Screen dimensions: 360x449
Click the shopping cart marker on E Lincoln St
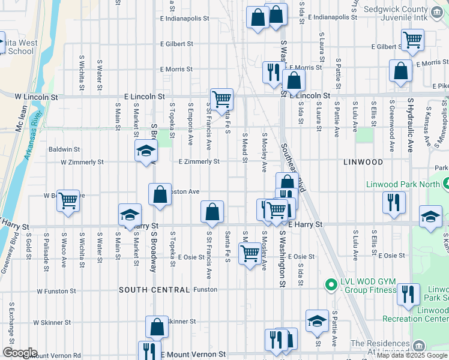[x=221, y=98]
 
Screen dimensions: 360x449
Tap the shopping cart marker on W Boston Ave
[x=68, y=201]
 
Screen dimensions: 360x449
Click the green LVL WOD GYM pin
[x=330, y=284]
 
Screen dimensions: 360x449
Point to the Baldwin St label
[x=64, y=149]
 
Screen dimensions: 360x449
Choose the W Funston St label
[x=56, y=291]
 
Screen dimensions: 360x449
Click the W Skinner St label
[x=52, y=322]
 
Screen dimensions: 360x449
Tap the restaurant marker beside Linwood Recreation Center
[x=408, y=295]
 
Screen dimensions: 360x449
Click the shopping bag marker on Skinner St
[x=157, y=327]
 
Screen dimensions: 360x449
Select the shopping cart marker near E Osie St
[x=249, y=253]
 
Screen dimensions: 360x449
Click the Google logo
[x=19, y=353]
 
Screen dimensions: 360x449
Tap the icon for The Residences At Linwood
[x=418, y=346]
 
